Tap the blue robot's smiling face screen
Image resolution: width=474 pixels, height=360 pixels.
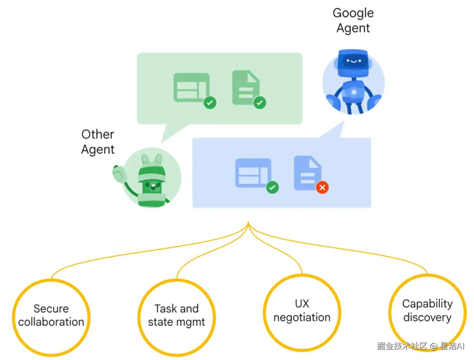pyautogui.click(x=354, y=61)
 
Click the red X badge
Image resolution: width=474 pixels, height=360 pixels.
pyautogui.click(x=322, y=187)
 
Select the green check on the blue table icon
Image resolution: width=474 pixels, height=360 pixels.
pyautogui.click(x=272, y=187)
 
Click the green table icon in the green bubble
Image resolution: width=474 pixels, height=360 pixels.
pyautogui.click(x=191, y=87)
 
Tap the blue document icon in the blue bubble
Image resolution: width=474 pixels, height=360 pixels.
pyautogui.click(x=308, y=173)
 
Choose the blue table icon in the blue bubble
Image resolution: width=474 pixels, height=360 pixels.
pyautogui.click(x=253, y=173)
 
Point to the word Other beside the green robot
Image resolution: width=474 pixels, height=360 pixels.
pyautogui.click(x=97, y=134)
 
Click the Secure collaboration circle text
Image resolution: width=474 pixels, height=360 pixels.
pyautogui.click(x=51, y=315)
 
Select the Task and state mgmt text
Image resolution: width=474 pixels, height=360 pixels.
pyautogui.click(x=176, y=315)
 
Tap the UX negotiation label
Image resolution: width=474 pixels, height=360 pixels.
pyautogui.click(x=302, y=310)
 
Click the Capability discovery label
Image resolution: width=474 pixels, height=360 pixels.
pyautogui.click(x=427, y=310)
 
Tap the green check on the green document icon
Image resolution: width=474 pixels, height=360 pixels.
pyautogui.click(x=259, y=102)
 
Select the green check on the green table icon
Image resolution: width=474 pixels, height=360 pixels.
pyautogui.click(x=210, y=102)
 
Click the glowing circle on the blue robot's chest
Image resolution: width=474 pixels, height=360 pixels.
pyautogui.click(x=354, y=92)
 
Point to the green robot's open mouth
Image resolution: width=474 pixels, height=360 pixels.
pyautogui.click(x=153, y=186)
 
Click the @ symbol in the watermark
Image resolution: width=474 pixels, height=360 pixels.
pyautogui.click(x=433, y=346)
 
